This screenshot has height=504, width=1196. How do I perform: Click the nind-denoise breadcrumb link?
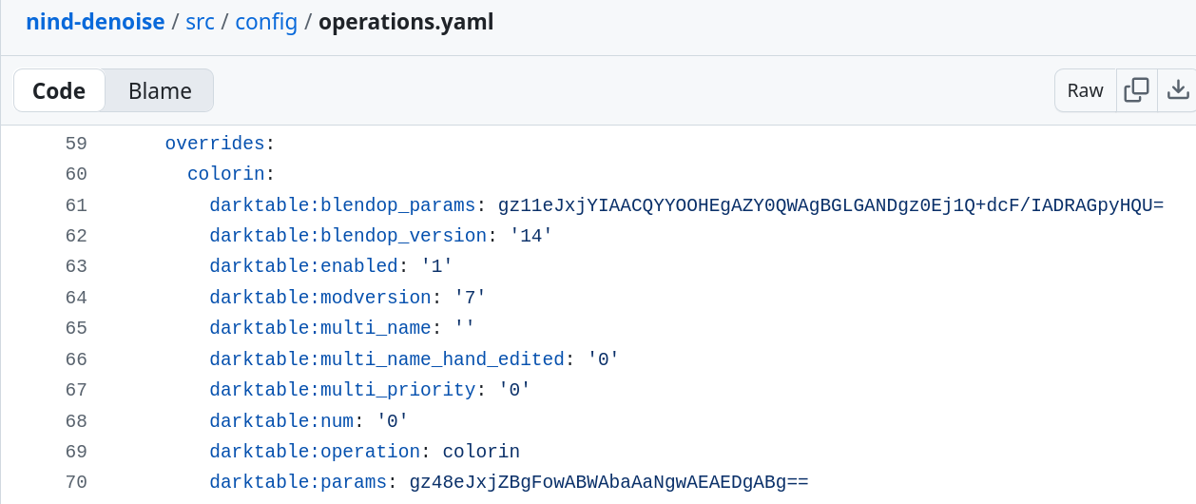95,22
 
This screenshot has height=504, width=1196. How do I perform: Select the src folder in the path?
200,22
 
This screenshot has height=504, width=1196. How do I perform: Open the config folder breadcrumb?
266,22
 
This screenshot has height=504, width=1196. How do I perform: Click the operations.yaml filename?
406,22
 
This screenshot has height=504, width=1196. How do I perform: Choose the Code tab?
59,90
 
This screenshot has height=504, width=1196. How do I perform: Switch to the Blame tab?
160,90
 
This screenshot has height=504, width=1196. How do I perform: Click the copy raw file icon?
1136,90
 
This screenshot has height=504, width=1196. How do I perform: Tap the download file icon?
1178,90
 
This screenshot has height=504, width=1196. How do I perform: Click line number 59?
76,144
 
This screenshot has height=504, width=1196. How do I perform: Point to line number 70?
76,482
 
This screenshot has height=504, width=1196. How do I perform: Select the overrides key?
215,144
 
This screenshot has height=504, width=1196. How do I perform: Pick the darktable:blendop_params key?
342,205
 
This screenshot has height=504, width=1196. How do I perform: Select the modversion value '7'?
471,298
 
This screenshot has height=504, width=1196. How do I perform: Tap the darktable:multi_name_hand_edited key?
387,359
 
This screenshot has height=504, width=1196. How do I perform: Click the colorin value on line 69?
481,452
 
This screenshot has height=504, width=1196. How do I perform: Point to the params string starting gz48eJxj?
608,482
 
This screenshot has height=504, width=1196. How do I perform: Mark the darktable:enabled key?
303,266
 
